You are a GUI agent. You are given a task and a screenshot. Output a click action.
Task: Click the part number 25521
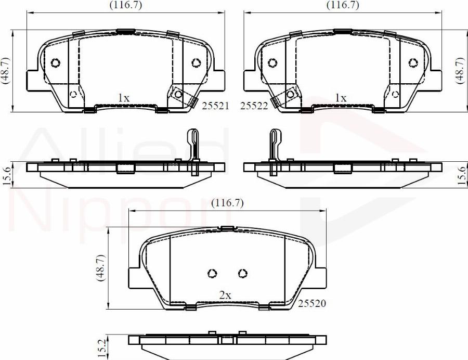[216, 106]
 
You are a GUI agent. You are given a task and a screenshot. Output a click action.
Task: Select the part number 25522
[254, 106]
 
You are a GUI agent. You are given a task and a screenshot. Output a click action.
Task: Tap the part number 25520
[311, 303]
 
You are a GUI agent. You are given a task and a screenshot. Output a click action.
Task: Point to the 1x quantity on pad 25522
[341, 97]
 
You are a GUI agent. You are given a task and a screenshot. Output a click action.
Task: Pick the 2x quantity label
[225, 295]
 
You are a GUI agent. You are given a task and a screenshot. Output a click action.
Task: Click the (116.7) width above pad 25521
[125, 5]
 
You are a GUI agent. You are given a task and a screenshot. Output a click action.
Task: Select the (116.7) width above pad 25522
[342, 5]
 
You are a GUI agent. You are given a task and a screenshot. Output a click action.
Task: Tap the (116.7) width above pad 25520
[227, 203]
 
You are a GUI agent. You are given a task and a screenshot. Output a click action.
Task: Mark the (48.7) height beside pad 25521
[5, 70]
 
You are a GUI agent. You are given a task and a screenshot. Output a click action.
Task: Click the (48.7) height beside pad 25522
[460, 70]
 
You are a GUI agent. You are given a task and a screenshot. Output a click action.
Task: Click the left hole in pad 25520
[212, 273]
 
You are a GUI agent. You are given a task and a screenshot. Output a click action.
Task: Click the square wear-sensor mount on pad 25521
[178, 94]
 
